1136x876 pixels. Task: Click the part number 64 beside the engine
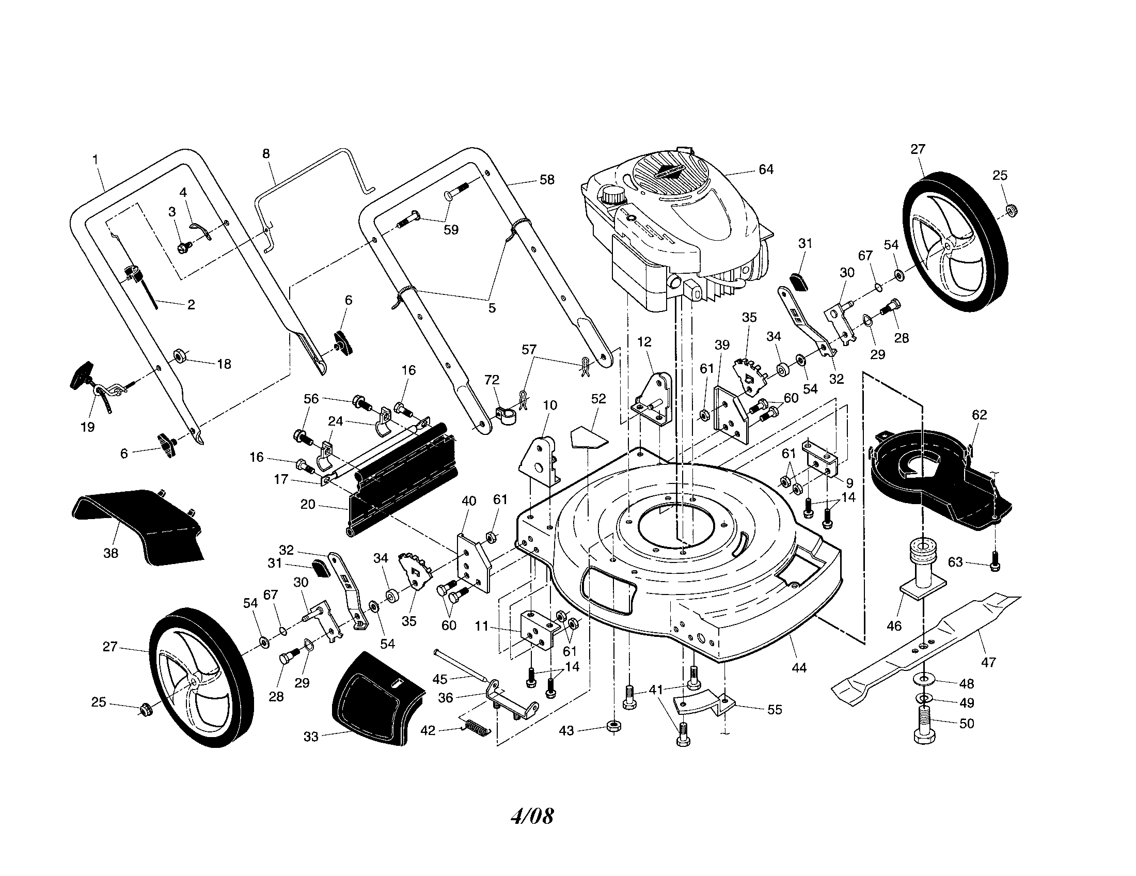[766, 169]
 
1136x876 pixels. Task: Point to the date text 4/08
[531, 816]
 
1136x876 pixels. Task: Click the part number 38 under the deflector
[111, 554]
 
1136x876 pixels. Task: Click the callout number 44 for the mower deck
[798, 667]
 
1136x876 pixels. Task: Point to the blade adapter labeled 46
[920, 572]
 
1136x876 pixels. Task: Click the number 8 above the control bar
[266, 154]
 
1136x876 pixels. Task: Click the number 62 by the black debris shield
[979, 415]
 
